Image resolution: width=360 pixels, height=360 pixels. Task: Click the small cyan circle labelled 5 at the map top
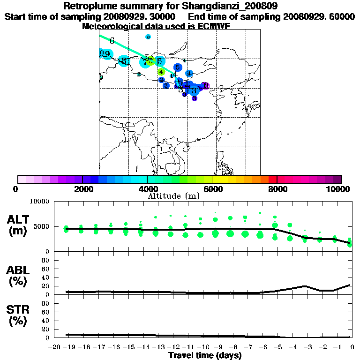click(x=148, y=37)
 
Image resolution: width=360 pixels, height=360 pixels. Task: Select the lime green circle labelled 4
click(x=161, y=72)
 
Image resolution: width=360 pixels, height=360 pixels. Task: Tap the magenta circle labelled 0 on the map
click(x=206, y=86)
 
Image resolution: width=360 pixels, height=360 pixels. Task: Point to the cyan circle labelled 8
click(x=124, y=61)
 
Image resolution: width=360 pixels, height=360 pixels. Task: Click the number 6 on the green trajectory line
click(x=112, y=41)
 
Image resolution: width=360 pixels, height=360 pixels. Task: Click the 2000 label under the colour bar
click(x=82, y=189)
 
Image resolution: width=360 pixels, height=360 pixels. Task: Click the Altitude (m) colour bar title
click(x=173, y=196)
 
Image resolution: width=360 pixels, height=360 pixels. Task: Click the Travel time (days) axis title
click(x=205, y=356)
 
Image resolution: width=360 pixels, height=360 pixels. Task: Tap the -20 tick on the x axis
click(x=55, y=347)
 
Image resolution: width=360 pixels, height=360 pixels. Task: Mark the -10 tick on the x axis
click(x=203, y=347)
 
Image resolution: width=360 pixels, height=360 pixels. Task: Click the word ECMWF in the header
click(x=213, y=26)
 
